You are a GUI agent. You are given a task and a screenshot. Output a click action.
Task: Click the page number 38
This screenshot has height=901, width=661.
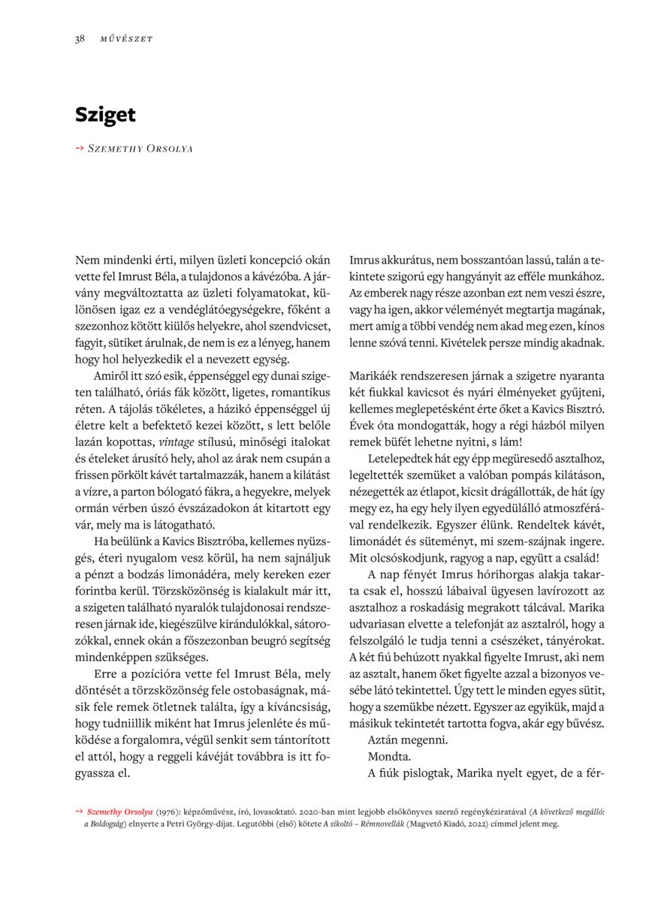coord(79,39)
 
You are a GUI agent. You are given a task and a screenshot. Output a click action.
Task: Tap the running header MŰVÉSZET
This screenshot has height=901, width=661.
coord(126,39)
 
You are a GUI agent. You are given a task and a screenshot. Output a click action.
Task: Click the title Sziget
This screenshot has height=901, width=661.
coord(105,115)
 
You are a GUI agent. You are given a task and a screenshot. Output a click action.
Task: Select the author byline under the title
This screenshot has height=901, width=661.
coord(140,149)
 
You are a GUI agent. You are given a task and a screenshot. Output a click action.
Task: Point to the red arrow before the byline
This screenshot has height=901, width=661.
coord(80,149)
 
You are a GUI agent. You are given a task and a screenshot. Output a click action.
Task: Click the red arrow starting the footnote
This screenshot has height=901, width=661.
coord(79,812)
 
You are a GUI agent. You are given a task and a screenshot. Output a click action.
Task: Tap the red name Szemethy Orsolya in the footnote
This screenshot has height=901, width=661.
coord(120,812)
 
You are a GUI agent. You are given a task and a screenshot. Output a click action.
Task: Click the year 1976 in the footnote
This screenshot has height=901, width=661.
coord(168,812)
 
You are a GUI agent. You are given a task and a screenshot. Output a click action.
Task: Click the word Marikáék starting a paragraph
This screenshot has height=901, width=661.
coord(377,375)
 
